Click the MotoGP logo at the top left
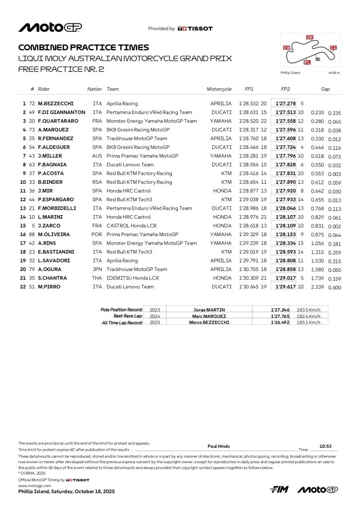tap(50, 28)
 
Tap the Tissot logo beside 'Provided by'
tap(195, 29)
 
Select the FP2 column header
tap(285, 89)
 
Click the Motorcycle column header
tap(219, 89)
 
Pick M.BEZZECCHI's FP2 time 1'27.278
tap(285, 104)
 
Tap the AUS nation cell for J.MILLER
tap(97, 156)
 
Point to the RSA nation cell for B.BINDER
tap(97, 182)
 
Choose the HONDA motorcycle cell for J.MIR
tap(222, 191)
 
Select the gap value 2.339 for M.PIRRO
tap(318, 287)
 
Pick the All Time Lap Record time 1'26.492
tap(279, 323)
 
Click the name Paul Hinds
tap(218, 446)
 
